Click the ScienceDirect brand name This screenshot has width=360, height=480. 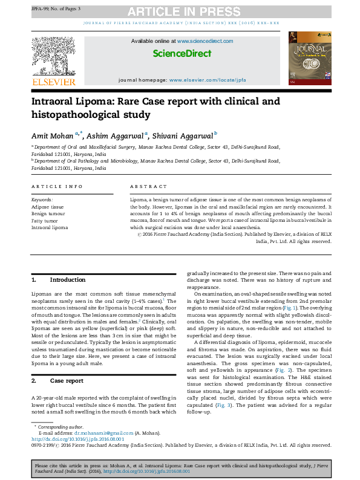pos(182,53)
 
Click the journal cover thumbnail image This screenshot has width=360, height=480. pos(310,57)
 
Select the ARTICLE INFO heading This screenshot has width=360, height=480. pos(57,187)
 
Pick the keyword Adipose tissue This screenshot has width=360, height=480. pos(47,206)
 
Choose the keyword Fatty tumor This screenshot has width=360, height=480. pos(45,221)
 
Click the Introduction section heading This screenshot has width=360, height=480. pos(67,280)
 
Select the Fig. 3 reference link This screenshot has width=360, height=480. pos(224,405)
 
